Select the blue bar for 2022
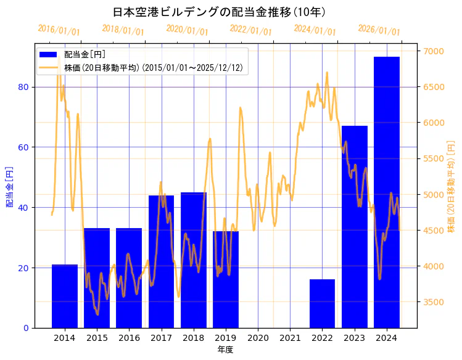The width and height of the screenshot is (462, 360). pos(322,303)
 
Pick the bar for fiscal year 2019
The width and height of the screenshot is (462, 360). pos(226,279)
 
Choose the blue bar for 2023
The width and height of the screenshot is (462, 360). pos(354,227)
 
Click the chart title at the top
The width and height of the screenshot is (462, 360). pos(219,12)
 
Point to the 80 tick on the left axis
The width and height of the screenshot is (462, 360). pos(24,87)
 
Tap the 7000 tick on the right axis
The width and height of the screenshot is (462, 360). pos(431,51)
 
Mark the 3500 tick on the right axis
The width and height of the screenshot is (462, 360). pos(431,302)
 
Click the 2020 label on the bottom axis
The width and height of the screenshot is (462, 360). pos(258,338)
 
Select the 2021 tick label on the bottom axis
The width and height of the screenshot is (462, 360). pos(290,338)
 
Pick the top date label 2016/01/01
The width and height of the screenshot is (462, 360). pos(59,30)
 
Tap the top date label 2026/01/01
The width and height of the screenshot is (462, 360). pos(379,30)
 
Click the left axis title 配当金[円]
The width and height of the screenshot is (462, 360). pos(9,186)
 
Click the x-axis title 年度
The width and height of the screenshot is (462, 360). pos(225,350)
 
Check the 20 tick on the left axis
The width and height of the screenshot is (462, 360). pos(24,268)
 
